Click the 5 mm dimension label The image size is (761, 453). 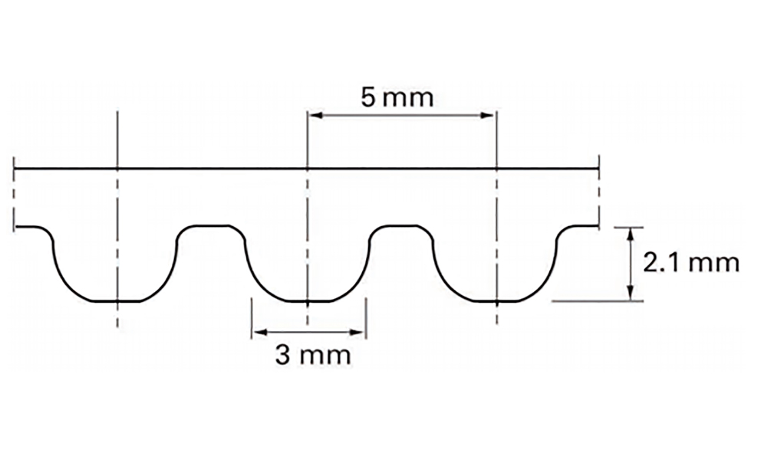(397, 97)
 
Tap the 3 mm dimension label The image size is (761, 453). (313, 355)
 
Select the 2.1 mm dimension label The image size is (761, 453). (691, 263)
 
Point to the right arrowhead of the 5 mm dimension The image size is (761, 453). (487, 116)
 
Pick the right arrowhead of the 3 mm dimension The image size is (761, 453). (357, 332)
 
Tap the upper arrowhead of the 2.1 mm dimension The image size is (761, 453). (630, 235)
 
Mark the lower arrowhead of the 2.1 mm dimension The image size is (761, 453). (630, 293)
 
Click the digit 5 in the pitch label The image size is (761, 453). (368, 97)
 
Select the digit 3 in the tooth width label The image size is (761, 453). (283, 355)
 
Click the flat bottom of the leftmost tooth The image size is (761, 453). (117, 301)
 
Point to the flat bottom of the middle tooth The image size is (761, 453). (308, 301)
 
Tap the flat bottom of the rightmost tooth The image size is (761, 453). (497, 301)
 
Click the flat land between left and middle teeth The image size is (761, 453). (212, 225)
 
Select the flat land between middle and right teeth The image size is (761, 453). (401, 225)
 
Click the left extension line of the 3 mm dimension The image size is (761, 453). (252, 318)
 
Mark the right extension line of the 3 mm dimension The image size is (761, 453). (366, 318)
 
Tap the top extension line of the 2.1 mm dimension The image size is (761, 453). (629, 227)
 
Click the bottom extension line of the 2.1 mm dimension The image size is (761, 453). (598, 301)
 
